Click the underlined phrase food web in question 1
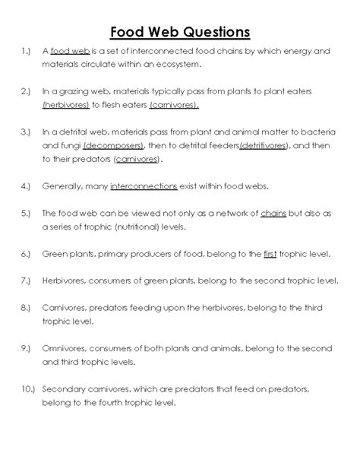point(70,52)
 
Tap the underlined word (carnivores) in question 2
point(175,104)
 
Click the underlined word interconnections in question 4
point(144,185)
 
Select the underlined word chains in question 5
point(272,214)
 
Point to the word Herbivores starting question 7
point(67,281)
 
